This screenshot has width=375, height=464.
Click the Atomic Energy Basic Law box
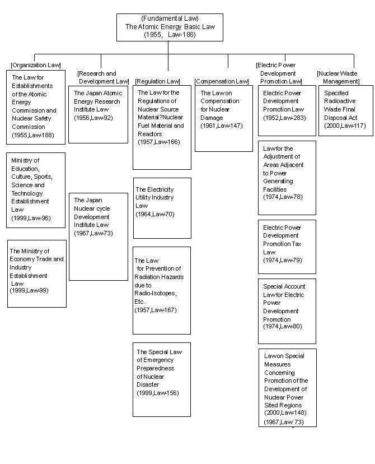[x=170, y=27]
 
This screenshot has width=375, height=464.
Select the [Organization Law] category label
[x=36, y=65]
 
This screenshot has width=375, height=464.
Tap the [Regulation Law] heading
[x=157, y=81]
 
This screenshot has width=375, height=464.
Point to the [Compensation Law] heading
[x=222, y=81]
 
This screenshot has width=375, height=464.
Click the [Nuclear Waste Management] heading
[x=337, y=77]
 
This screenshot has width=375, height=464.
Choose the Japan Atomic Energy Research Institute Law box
[x=98, y=114]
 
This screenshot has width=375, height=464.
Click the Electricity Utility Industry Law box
[x=162, y=208]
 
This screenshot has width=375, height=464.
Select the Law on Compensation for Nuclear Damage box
[x=224, y=118]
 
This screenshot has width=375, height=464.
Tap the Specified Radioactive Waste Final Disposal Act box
[x=346, y=110]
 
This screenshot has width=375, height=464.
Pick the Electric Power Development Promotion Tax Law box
[x=287, y=247]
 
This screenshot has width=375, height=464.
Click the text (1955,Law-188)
[x=33, y=135]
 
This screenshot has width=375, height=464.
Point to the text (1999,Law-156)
[x=158, y=393]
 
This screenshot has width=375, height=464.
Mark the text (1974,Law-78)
[x=283, y=197]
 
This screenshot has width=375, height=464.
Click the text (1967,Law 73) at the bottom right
[x=284, y=422]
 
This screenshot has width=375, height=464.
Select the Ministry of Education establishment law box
[x=36, y=191]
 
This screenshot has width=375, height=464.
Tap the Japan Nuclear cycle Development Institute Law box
[x=99, y=236]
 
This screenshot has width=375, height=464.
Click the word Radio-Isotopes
[x=156, y=294]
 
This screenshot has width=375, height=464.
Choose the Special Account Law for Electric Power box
[x=287, y=312]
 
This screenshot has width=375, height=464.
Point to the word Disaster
[x=148, y=384]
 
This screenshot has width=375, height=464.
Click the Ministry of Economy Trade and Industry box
[x=37, y=273]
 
